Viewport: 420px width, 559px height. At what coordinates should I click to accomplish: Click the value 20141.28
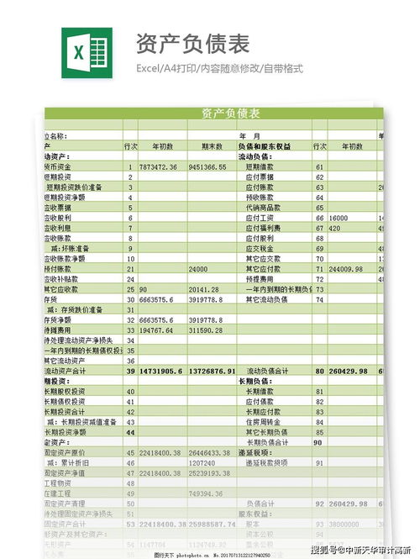[x=204, y=289]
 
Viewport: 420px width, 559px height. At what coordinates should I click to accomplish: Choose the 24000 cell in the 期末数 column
[x=198, y=269]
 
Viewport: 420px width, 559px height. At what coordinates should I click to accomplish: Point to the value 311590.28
[x=207, y=330]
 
